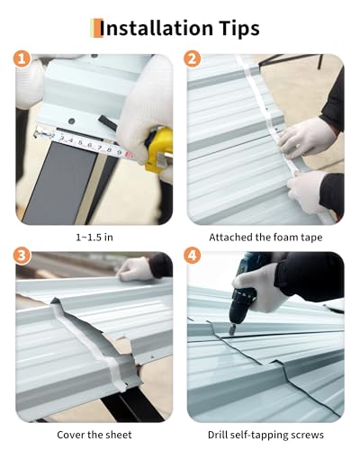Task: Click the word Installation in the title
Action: pos(156,28)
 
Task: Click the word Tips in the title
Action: pos(238,29)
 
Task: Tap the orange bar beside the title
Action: pos(97,28)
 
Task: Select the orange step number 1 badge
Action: pos(22,58)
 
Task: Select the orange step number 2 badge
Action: pos(193,58)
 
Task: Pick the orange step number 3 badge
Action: pos(22,256)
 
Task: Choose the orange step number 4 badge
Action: pos(193,256)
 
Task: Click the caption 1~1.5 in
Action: pos(94,238)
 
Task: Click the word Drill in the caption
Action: pos(217,435)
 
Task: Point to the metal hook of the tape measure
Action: pos(39,132)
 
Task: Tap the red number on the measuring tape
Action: pos(129,155)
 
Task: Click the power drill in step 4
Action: pos(244,294)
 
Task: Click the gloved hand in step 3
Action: pos(134,269)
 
